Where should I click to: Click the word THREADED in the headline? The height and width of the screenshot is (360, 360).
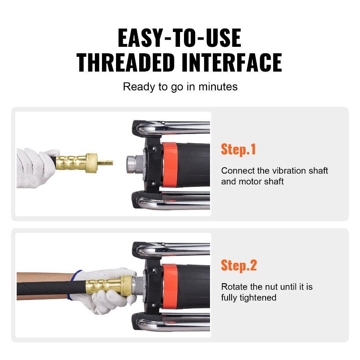[126, 62]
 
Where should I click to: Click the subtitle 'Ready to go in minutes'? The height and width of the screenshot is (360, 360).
[180, 86]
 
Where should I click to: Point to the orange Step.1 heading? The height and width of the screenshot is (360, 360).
[238, 149]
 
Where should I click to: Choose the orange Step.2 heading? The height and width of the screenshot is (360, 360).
[239, 265]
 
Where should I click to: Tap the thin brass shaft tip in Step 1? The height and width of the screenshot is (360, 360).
[106, 163]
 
